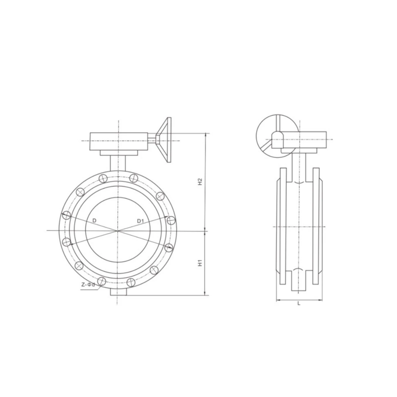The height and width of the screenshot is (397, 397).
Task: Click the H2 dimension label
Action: point(200,182)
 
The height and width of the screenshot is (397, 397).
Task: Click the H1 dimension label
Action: point(200,263)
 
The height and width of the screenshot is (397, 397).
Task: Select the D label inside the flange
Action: point(94,221)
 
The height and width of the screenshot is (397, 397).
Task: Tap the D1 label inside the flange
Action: point(140,221)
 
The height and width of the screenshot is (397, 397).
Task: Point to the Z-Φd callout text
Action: point(88,285)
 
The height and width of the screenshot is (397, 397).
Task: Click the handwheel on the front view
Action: point(163,140)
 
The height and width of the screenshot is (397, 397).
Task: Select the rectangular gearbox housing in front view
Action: point(119,141)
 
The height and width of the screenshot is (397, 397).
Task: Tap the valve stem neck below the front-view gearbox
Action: point(118,163)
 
